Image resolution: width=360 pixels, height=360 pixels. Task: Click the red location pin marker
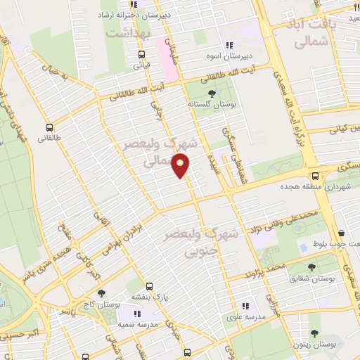click(x=181, y=166)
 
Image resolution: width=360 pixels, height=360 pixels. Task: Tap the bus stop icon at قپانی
click(x=142, y=55)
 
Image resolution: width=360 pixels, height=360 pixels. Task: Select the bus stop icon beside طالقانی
click(x=49, y=127)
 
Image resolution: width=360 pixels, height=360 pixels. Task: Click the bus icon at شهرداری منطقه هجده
click(x=315, y=176)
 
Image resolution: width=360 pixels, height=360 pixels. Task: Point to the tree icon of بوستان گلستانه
click(x=212, y=93)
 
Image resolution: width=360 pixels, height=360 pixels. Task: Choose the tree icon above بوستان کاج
click(x=101, y=292)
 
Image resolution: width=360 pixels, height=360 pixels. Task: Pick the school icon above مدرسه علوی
click(x=246, y=306)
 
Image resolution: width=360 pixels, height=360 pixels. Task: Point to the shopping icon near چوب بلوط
click(x=341, y=233)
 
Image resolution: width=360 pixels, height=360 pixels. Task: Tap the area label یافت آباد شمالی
click(x=309, y=33)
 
